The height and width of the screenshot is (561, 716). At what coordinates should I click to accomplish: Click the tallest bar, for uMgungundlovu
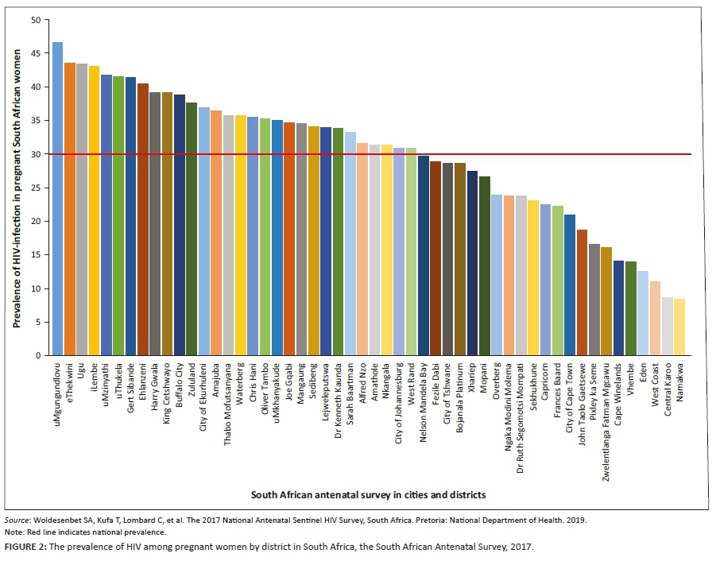pos(57,199)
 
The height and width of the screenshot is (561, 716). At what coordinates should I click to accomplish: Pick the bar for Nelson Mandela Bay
pos(424,255)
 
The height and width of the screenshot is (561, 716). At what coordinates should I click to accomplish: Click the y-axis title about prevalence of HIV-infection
pos(16,188)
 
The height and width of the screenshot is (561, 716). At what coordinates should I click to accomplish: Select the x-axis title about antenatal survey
pos(368,494)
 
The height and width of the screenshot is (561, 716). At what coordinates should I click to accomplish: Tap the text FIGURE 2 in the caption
pos(28,548)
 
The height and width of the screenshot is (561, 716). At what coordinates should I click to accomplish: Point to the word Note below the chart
pos(14,532)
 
